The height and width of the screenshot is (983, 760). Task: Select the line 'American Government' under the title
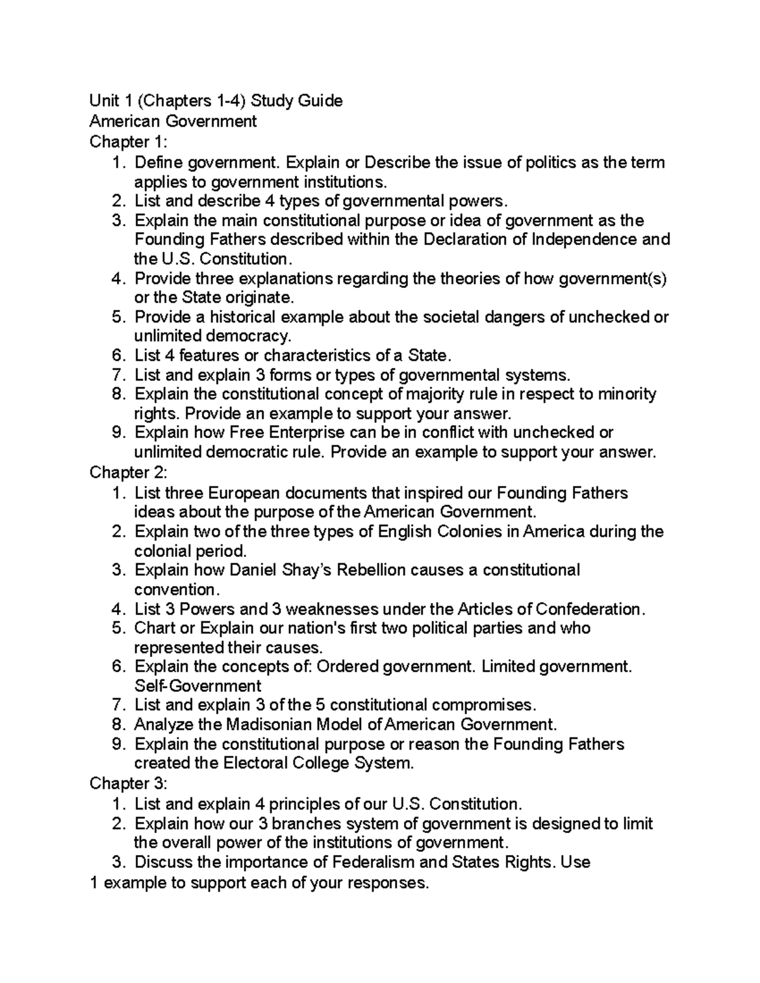pyautogui.click(x=173, y=122)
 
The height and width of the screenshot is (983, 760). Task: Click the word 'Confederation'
pyautogui.click(x=589, y=610)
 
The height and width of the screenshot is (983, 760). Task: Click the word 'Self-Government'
pyautogui.click(x=198, y=687)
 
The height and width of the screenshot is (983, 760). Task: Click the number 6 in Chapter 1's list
pyautogui.click(x=116, y=356)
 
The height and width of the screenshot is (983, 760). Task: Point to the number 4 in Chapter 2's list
pyautogui.click(x=116, y=610)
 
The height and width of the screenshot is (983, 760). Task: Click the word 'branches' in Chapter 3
pyautogui.click(x=307, y=824)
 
